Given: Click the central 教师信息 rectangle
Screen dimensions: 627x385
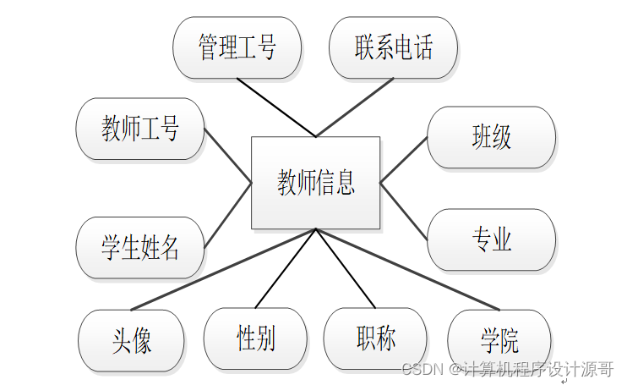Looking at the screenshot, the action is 316,182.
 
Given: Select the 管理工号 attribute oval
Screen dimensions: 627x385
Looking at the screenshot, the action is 237,47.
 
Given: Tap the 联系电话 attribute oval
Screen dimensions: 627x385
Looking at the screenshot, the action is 393,47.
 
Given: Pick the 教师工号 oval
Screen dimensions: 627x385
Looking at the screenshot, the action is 140,129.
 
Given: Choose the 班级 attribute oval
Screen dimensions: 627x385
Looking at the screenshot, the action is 491,137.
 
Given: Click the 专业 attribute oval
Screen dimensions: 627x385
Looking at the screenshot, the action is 491,239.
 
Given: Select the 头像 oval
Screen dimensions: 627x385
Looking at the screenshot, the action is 131,341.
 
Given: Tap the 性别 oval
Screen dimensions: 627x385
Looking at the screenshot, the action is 255,338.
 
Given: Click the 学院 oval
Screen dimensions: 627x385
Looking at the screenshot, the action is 499,341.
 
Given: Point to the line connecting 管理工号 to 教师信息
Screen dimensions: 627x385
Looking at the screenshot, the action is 276,107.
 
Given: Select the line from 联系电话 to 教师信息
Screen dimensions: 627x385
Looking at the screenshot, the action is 355,107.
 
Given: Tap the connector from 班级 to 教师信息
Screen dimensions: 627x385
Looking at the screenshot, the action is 404,160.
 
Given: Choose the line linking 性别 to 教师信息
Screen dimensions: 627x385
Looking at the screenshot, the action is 286,268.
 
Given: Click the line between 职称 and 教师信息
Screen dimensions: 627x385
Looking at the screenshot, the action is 345,268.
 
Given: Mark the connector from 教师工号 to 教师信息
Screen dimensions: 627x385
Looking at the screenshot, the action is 228,156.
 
